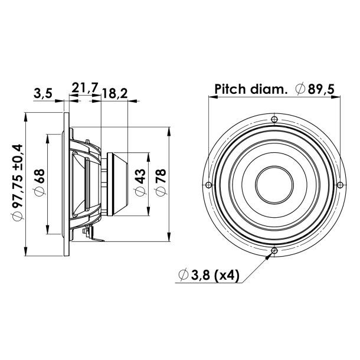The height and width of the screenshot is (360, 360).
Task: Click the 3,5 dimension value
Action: (x=43, y=93)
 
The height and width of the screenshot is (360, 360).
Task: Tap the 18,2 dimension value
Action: (x=115, y=93)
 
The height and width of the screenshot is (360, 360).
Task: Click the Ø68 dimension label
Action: (x=40, y=183)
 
